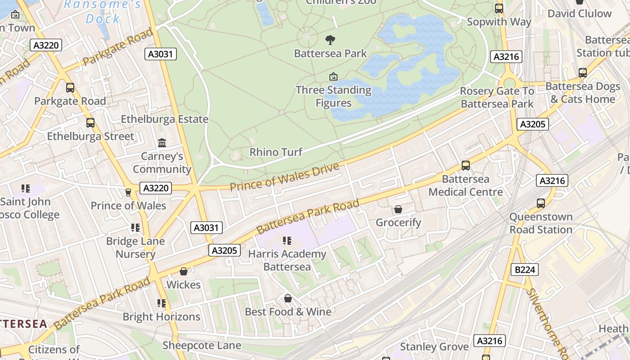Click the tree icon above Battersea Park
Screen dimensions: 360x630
pyautogui.click(x=330, y=40)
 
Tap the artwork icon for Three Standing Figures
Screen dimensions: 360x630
pyautogui.click(x=333, y=76)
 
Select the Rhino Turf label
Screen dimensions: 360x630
pyautogui.click(x=276, y=152)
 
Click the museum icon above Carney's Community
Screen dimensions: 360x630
pyautogui.click(x=162, y=143)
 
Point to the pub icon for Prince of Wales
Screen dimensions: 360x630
pyautogui.click(x=128, y=193)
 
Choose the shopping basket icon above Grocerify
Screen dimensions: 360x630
pyautogui.click(x=398, y=209)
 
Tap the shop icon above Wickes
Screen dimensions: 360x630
pyautogui.click(x=184, y=271)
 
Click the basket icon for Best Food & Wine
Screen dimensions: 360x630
pyautogui.click(x=288, y=298)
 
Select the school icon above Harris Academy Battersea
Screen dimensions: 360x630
pyautogui.click(x=287, y=241)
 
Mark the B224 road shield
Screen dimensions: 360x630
pyautogui.click(x=525, y=270)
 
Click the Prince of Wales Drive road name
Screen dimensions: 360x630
pyautogui.click(x=284, y=177)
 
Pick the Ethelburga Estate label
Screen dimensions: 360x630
pyautogui.click(x=165, y=119)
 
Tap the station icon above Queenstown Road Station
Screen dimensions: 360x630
pyautogui.click(x=541, y=203)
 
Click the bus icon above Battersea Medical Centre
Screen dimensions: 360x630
pyautogui.click(x=466, y=166)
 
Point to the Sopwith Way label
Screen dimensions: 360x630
pyautogui.click(x=499, y=22)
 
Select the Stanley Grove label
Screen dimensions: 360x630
pyautogui.click(x=434, y=346)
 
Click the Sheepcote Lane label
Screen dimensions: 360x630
pyautogui.click(x=202, y=345)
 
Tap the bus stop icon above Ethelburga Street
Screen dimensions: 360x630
pyautogui.click(x=90, y=123)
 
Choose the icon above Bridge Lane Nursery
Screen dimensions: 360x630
pyautogui.click(x=135, y=228)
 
